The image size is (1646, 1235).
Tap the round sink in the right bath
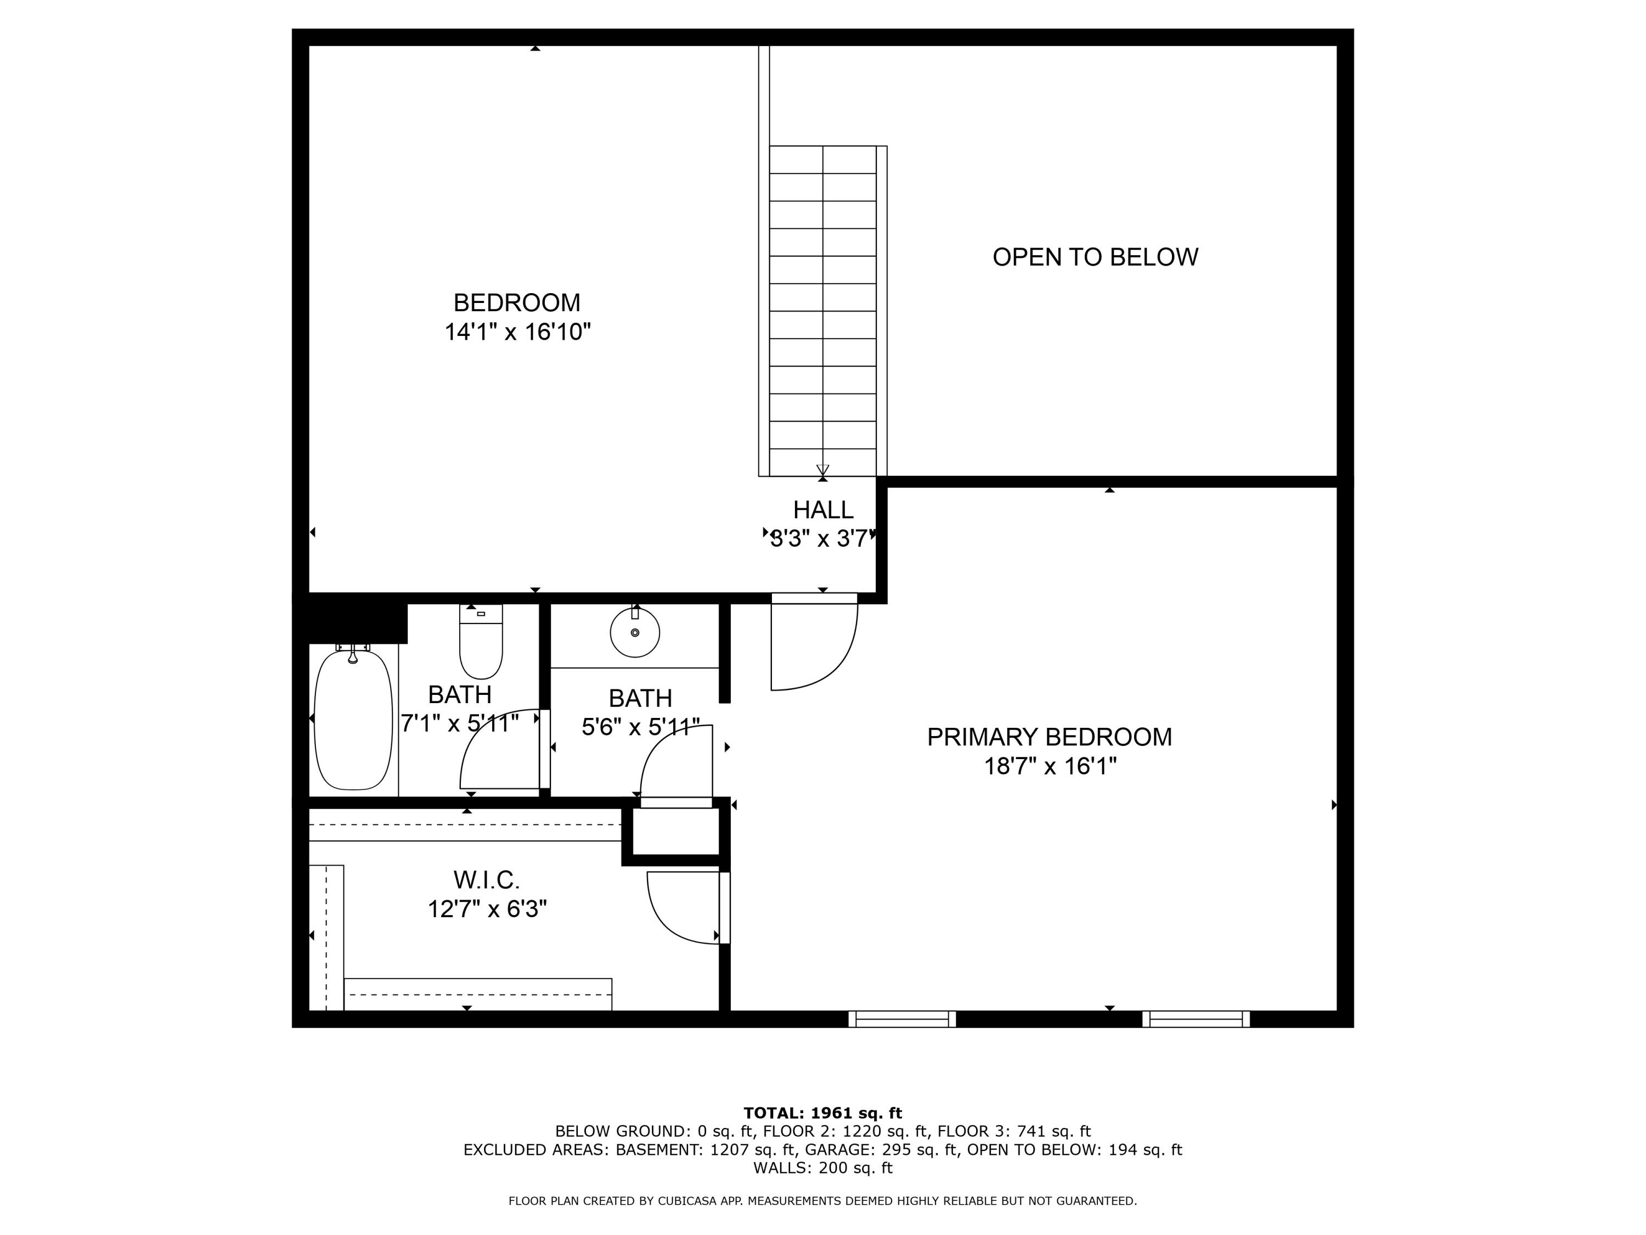point(635,633)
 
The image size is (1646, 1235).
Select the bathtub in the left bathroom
point(353,719)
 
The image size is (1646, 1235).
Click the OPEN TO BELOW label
point(1095,257)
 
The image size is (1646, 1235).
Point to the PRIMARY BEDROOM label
point(1049,737)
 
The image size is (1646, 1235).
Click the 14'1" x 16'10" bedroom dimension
point(517,332)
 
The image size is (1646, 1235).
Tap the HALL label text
point(822,510)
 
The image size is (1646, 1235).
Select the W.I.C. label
point(486,880)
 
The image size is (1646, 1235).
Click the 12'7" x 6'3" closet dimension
point(487,909)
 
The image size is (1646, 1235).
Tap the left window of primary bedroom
point(902,1019)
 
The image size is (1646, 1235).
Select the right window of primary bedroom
point(1196,1019)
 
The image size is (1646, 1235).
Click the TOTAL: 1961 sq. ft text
point(822,1113)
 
